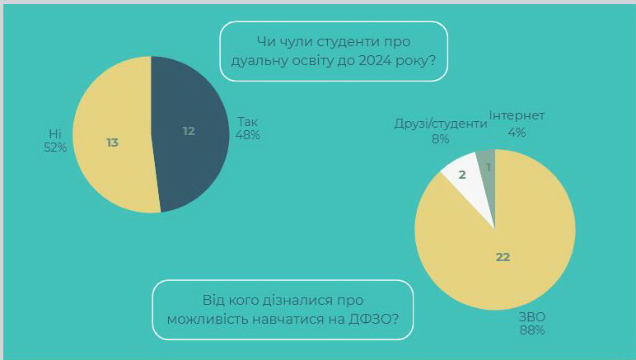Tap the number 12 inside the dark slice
(x=189, y=131)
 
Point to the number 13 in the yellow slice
(x=112, y=143)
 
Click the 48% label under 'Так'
(x=248, y=135)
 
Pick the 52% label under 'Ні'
(x=55, y=147)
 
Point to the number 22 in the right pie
(x=503, y=257)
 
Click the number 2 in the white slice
(x=462, y=175)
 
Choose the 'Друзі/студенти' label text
(x=440, y=124)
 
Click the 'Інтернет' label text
(x=517, y=116)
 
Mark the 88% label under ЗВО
(x=531, y=330)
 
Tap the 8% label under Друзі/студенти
(x=441, y=139)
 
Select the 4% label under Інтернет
(x=517, y=132)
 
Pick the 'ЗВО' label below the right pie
(x=532, y=317)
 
